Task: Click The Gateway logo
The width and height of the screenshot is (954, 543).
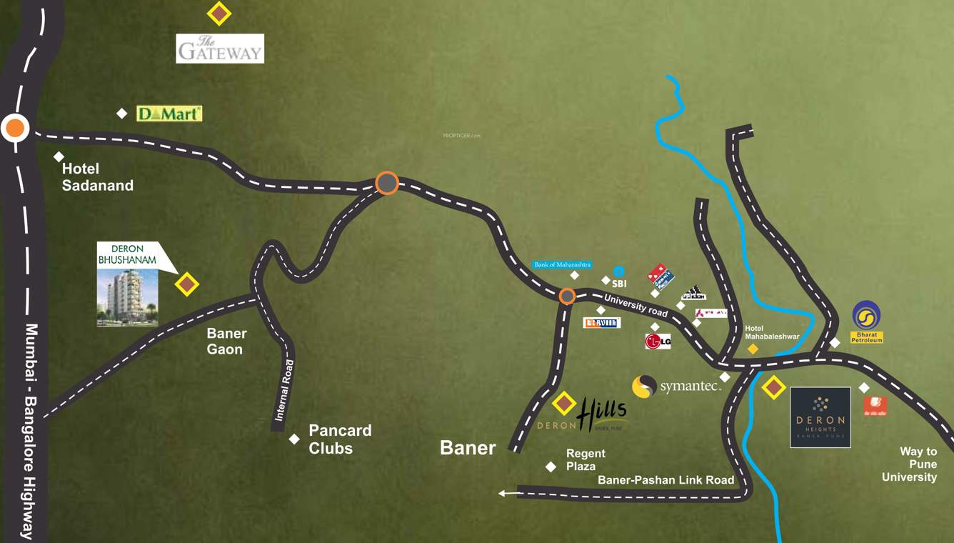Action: pyautogui.click(x=220, y=49)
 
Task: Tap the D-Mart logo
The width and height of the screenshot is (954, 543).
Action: pyautogui.click(x=169, y=114)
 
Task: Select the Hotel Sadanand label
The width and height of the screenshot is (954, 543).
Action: pyautogui.click(x=97, y=177)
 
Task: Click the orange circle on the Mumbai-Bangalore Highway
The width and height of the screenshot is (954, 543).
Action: pyautogui.click(x=14, y=129)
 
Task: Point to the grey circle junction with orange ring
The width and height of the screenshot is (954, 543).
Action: pyautogui.click(x=387, y=184)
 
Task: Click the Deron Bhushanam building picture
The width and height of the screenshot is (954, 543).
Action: pyautogui.click(x=127, y=297)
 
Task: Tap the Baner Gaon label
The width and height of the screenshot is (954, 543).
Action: pyautogui.click(x=226, y=341)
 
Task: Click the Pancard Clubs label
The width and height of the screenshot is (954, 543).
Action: pyautogui.click(x=340, y=439)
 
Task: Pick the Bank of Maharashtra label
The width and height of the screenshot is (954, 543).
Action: pyautogui.click(x=563, y=264)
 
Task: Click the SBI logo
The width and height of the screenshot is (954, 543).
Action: pyautogui.click(x=618, y=278)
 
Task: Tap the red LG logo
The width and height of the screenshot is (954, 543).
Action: pyautogui.click(x=658, y=342)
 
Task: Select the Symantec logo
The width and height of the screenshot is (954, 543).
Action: pyautogui.click(x=676, y=387)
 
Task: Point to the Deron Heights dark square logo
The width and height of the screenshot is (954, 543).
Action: pyautogui.click(x=820, y=417)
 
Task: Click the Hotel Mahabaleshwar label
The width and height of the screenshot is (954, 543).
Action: pyautogui.click(x=771, y=332)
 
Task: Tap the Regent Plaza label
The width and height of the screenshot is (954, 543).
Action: pyautogui.click(x=586, y=459)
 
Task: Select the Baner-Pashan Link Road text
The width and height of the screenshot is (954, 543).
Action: pyautogui.click(x=666, y=480)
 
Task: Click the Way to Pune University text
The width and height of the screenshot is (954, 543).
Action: pyautogui.click(x=909, y=464)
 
